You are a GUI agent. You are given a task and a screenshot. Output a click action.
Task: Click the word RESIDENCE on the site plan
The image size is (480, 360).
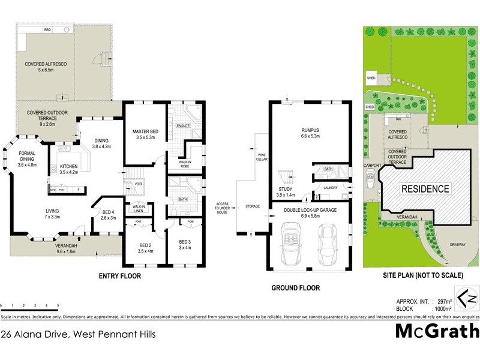pyautogui.click(x=425, y=189)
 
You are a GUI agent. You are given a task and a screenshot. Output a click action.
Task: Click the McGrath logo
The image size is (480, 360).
pyautogui.click(x=437, y=331)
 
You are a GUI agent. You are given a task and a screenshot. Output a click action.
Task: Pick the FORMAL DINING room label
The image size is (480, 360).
pyautogui.click(x=29, y=157)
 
